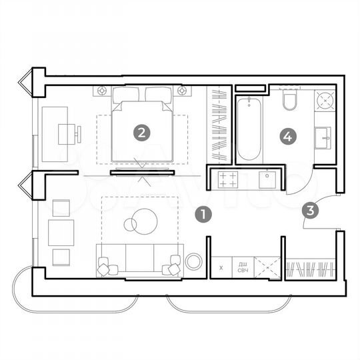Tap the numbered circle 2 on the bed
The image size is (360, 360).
click(x=140, y=133)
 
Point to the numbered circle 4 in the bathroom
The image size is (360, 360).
click(x=287, y=137)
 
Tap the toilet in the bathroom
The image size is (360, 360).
click(x=289, y=102)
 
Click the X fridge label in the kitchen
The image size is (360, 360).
click(x=221, y=269)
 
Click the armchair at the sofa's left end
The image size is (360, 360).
click(x=107, y=267)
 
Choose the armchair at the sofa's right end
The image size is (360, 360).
click(x=175, y=266)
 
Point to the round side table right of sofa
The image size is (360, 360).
click(x=194, y=261)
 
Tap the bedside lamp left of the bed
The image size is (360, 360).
click(x=103, y=90)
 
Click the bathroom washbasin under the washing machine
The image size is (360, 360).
click(x=324, y=139)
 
